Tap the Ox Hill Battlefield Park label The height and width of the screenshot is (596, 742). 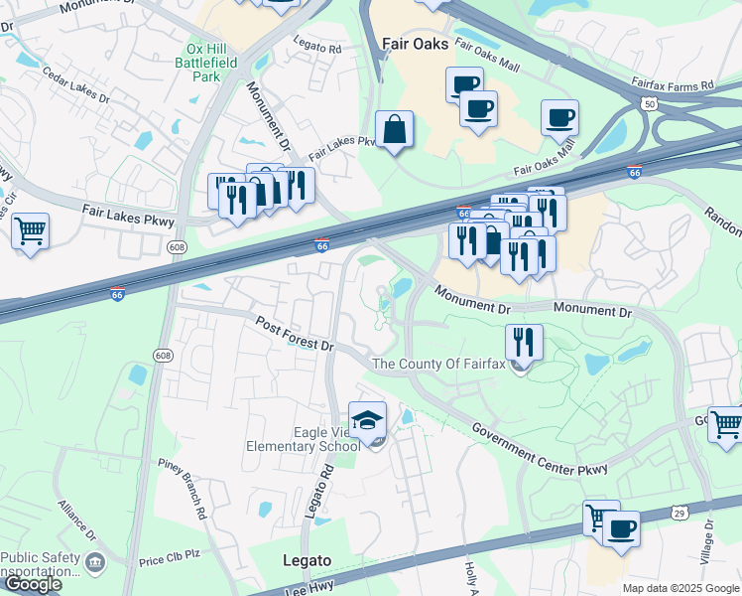pyautogui.click(x=218, y=62)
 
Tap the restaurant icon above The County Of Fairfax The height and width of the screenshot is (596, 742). pyautogui.click(x=524, y=343)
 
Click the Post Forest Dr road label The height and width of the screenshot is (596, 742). pyautogui.click(x=294, y=333)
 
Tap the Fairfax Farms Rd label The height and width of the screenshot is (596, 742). pyautogui.click(x=673, y=84)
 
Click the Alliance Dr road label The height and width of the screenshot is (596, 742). pyautogui.click(x=77, y=519)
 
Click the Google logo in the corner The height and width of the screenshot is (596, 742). pyautogui.click(x=32, y=583)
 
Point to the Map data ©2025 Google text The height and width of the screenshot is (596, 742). pyautogui.click(x=680, y=588)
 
